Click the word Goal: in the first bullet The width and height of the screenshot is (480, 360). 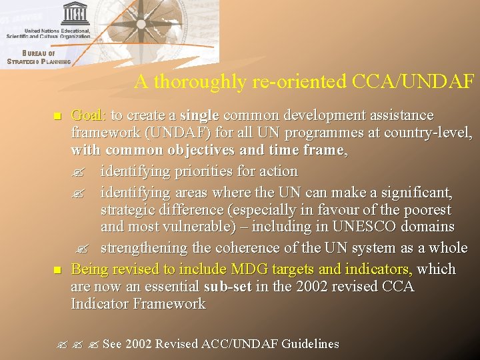pyautogui.click(x=88, y=115)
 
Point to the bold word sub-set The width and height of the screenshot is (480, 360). pyautogui.click(x=229, y=287)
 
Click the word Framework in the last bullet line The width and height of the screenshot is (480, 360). pyautogui.click(x=169, y=304)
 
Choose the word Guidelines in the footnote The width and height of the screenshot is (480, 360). pyautogui.click(x=310, y=344)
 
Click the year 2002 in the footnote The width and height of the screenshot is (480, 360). pyautogui.click(x=139, y=344)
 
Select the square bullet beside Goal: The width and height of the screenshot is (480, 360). pyautogui.click(x=57, y=117)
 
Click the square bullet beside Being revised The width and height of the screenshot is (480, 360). pyautogui.click(x=57, y=271)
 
